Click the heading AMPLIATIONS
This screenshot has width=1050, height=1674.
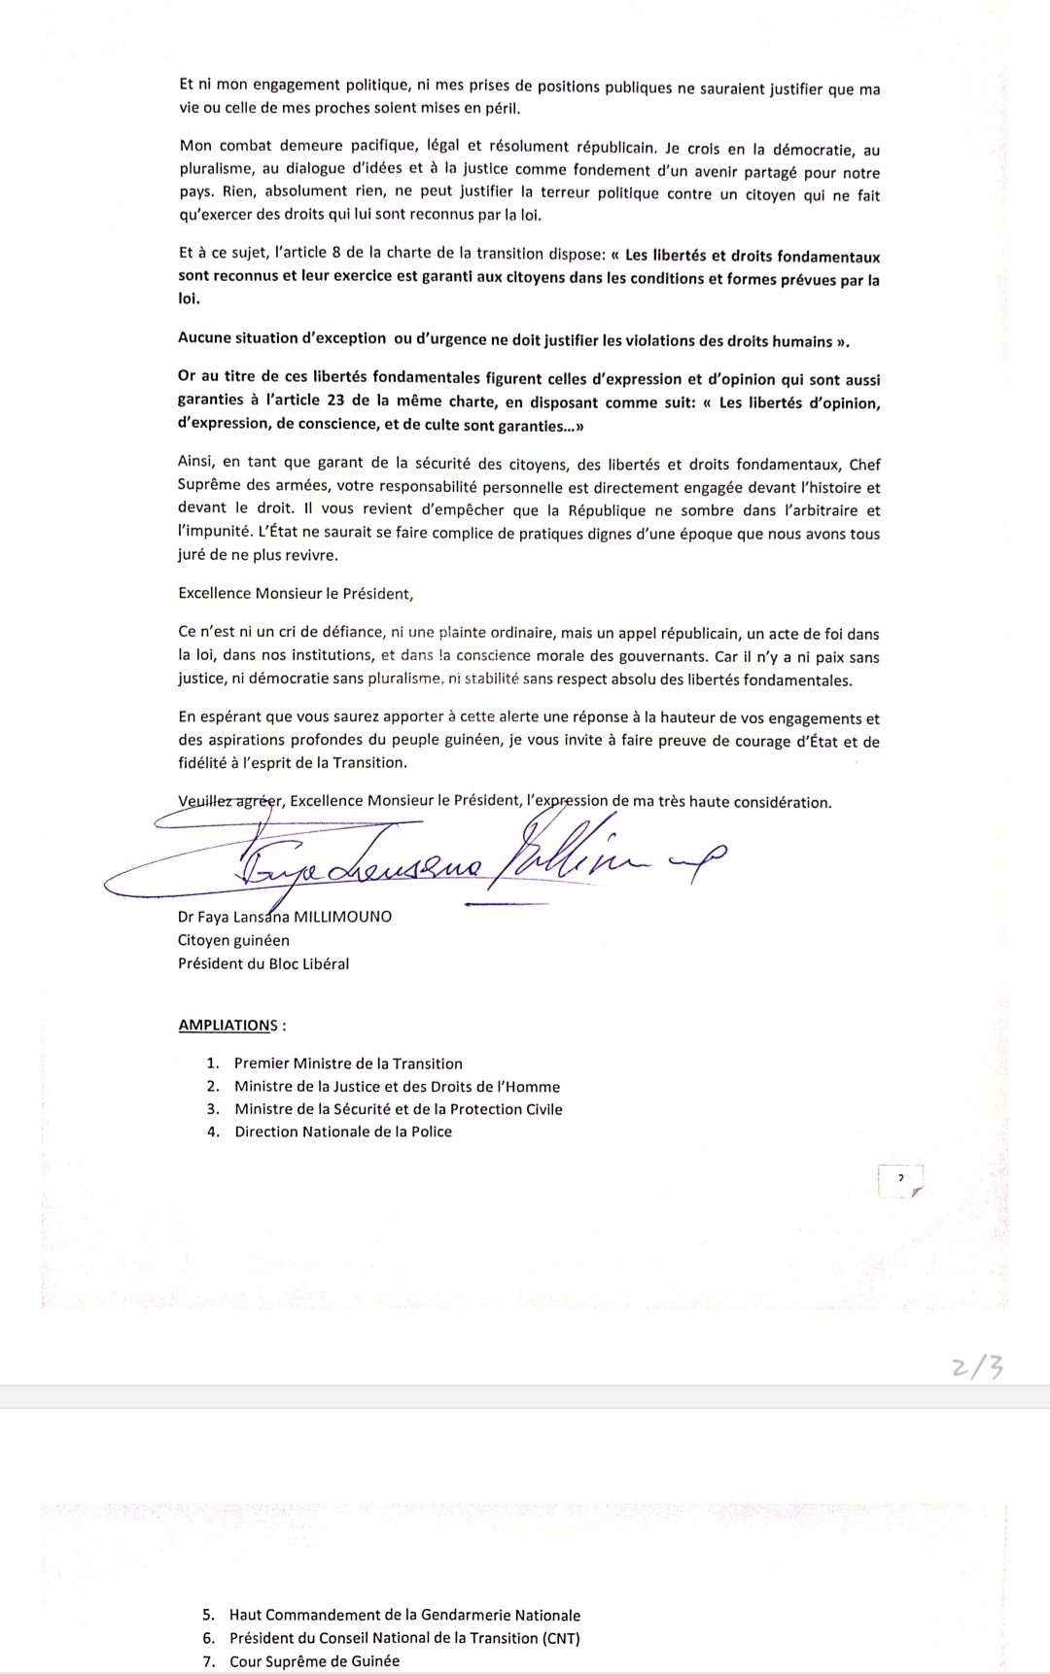pyautogui.click(x=227, y=1026)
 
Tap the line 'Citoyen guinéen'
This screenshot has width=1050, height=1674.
pyautogui.click(x=233, y=940)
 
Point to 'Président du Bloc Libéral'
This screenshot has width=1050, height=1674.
pyautogui.click(x=263, y=963)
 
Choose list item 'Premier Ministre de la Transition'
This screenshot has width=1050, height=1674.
pyautogui.click(x=348, y=1064)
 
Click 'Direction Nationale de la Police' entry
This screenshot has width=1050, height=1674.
pyautogui.click(x=343, y=1132)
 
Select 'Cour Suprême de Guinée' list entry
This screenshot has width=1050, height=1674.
pyautogui.click(x=314, y=1661)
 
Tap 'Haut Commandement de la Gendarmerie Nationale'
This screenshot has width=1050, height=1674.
pyautogui.click(x=404, y=1615)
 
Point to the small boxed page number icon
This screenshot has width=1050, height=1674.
pyautogui.click(x=900, y=1180)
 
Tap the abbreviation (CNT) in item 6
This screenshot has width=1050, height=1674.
pyautogui.click(x=558, y=1638)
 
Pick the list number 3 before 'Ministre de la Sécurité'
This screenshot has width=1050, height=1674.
pyautogui.click(x=213, y=1109)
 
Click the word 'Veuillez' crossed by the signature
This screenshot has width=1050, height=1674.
pyautogui.click(x=207, y=801)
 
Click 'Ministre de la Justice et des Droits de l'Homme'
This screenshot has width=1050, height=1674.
pyautogui.click(x=397, y=1087)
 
